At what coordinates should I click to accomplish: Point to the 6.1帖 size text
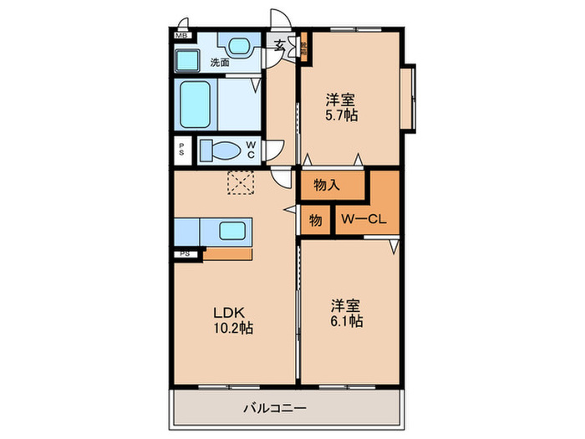(346, 321)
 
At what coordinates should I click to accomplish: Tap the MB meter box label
(181, 35)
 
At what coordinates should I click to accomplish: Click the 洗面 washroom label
(220, 62)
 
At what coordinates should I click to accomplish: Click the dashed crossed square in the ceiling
(241, 182)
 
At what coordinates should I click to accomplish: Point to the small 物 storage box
(315, 222)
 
